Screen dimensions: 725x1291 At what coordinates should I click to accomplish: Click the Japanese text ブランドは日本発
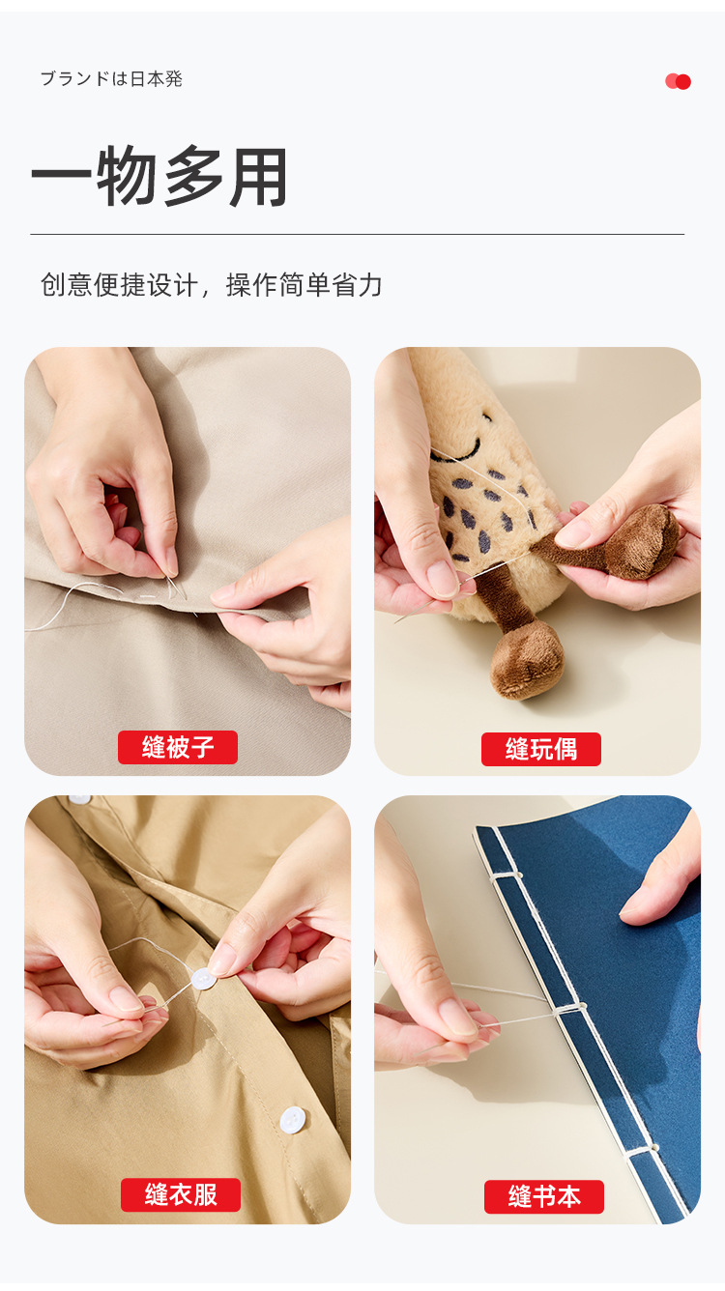click(111, 78)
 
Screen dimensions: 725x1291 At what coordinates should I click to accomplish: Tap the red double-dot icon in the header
click(678, 82)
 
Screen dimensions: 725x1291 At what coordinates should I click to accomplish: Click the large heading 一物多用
click(159, 177)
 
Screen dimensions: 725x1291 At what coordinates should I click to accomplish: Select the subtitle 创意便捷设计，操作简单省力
click(211, 285)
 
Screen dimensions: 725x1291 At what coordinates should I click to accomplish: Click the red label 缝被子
click(178, 748)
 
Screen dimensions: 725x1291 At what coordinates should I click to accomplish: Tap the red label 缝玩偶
click(541, 749)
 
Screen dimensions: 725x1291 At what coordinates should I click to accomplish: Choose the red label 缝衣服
click(181, 1194)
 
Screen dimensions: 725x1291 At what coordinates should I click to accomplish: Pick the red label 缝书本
click(544, 1197)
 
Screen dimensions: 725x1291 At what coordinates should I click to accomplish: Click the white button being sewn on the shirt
click(204, 979)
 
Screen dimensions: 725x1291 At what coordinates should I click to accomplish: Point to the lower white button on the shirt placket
click(293, 1120)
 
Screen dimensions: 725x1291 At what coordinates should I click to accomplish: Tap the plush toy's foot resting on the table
click(527, 662)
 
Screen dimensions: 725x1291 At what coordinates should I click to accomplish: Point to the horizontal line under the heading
click(357, 235)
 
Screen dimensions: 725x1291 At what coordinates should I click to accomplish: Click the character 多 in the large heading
click(193, 177)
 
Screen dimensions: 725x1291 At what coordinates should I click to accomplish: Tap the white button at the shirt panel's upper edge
click(79, 799)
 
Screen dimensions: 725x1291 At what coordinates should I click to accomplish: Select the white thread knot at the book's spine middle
click(569, 1008)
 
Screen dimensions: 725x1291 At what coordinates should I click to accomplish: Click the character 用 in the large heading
click(259, 177)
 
